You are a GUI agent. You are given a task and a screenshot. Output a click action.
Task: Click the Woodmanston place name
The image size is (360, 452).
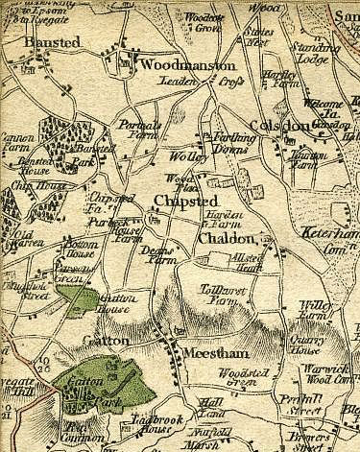[x=187, y=65]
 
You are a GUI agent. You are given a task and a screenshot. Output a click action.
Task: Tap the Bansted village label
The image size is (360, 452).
[x=55, y=44]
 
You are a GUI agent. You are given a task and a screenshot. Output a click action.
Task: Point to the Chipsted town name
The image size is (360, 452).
[x=185, y=200]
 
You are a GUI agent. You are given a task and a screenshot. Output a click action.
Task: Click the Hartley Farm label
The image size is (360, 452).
[x=277, y=79]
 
